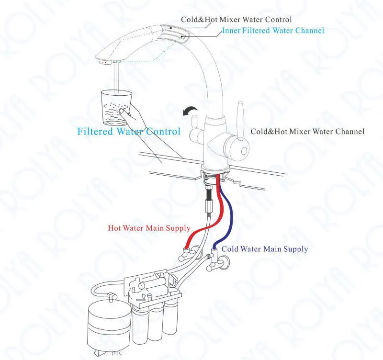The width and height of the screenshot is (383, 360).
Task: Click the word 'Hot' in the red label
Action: point(114,228)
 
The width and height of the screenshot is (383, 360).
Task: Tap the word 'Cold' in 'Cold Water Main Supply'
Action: point(230,249)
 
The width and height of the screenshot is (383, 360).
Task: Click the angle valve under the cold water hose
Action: point(215,263)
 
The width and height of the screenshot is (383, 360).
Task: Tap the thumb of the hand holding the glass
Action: point(124,112)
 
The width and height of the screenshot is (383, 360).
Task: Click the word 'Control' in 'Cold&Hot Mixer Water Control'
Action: point(275,20)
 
